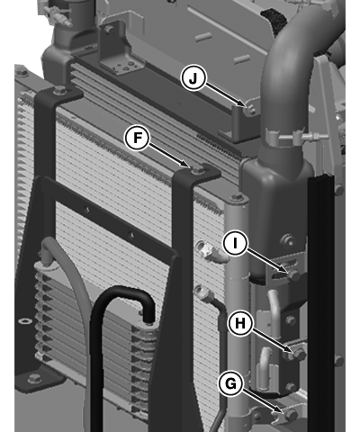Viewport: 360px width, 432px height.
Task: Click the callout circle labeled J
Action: click(193, 78)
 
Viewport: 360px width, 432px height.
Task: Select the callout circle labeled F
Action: click(138, 138)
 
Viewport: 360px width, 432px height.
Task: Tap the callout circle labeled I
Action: click(235, 243)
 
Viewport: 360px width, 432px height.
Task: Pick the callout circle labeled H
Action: click(240, 323)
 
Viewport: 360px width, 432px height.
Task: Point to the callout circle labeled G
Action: click(230, 383)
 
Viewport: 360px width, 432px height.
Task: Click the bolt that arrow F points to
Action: click(196, 170)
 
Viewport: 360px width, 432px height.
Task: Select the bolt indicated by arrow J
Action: click(252, 111)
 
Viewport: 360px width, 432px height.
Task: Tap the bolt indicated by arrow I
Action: click(294, 275)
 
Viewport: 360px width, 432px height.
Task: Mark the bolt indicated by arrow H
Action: click(299, 355)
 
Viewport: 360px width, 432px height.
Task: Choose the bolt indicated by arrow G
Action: click(291, 415)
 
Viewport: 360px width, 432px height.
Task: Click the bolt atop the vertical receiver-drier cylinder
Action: click(237, 197)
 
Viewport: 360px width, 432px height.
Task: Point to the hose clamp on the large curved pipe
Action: click(288, 137)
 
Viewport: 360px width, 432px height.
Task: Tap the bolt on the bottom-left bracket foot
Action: click(34, 379)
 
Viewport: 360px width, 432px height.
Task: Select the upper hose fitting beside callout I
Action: click(208, 249)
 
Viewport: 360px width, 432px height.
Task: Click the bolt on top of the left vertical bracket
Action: click(59, 89)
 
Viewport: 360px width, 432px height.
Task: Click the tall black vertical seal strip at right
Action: click(321, 303)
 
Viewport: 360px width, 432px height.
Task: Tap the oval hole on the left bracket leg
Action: click(24, 321)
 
